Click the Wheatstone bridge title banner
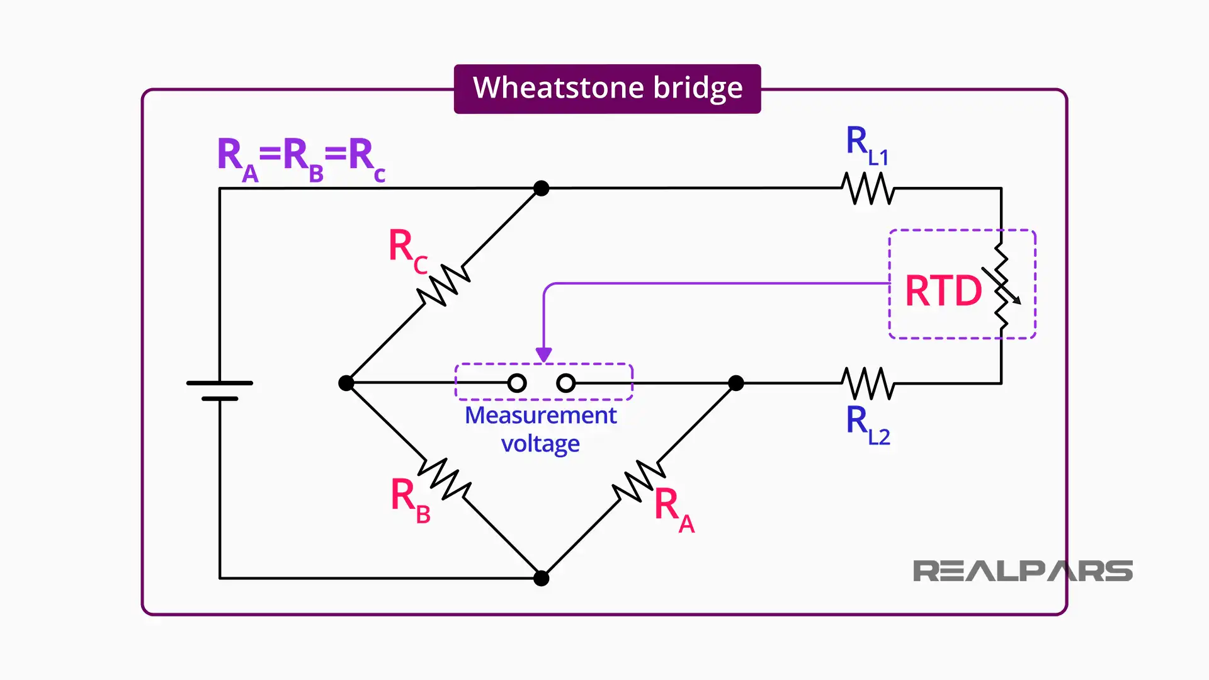607,89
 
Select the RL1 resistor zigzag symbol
868,188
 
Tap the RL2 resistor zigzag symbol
868,383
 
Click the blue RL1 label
866,146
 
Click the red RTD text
943,291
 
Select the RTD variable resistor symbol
1002,286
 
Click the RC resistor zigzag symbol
444,286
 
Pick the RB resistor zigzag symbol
445,479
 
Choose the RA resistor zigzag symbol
639,481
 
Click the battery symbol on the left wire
220,390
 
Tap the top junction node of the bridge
541,188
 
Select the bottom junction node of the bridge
541,578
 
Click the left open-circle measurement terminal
517,383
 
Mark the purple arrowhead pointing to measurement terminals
544,355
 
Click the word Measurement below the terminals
540,416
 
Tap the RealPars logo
1022,571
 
